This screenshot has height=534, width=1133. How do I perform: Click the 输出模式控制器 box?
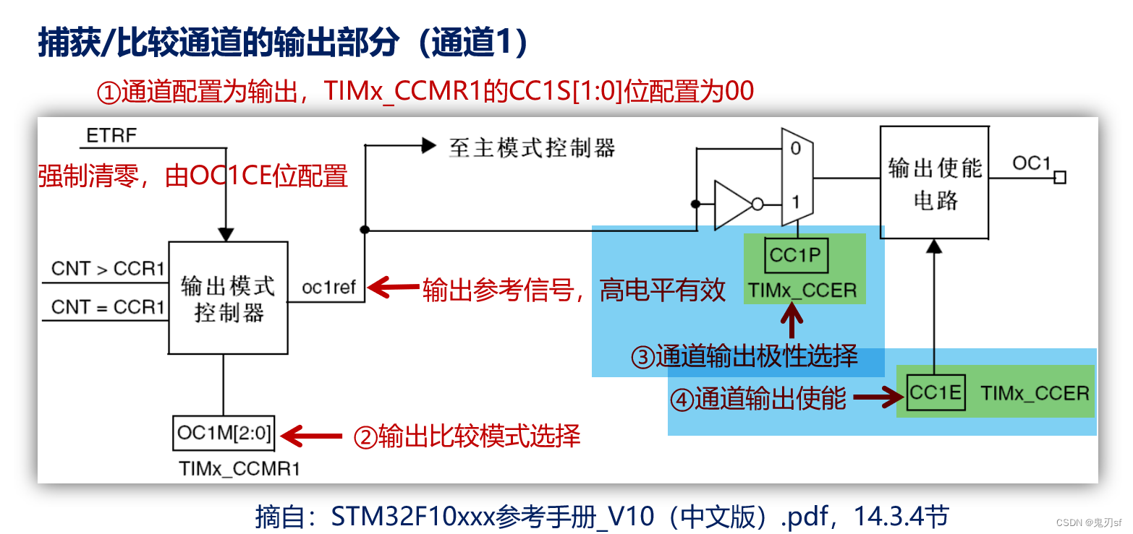[228, 298]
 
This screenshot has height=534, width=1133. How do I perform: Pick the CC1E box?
[935, 392]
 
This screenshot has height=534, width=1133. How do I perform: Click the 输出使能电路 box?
[934, 182]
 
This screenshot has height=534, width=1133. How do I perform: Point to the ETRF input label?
[111, 135]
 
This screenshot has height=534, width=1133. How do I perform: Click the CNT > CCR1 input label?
[108, 269]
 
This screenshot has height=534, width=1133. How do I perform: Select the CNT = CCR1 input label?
[108, 307]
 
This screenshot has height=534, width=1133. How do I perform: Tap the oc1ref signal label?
[329, 288]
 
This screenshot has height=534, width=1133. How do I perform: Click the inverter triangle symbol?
[732, 204]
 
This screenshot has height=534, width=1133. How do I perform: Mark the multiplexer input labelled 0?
[796, 149]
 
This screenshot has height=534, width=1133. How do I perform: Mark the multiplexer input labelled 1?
[796, 202]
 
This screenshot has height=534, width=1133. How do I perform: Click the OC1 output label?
[1031, 163]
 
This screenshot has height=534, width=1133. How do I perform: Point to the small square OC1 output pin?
[1060, 177]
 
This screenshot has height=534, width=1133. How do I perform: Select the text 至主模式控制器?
[532, 147]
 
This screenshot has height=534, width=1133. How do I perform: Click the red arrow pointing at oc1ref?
[394, 289]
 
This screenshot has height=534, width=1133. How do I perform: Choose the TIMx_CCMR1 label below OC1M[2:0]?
[239, 468]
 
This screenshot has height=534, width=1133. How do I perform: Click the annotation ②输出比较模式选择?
[467, 436]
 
